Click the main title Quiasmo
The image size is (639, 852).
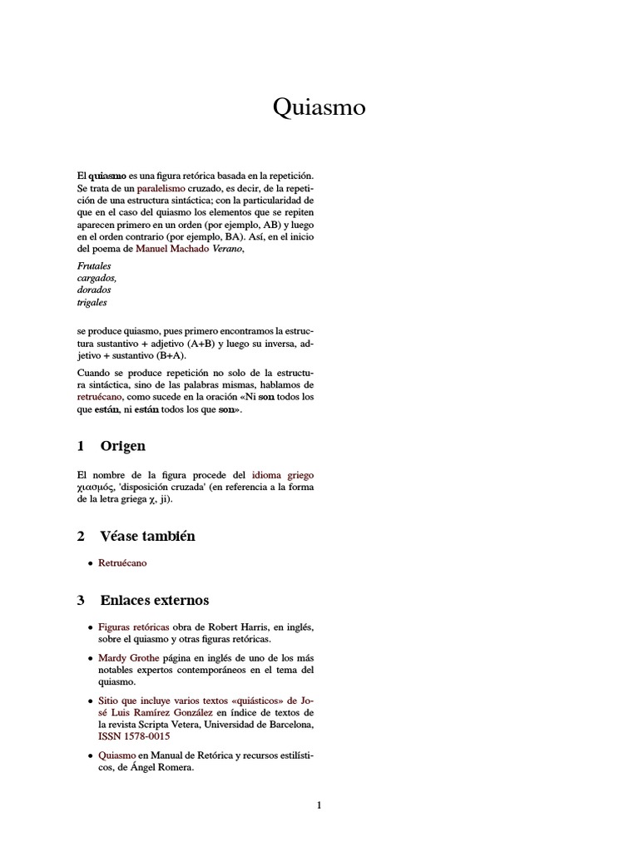click(319, 107)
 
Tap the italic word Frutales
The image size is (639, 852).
click(94, 266)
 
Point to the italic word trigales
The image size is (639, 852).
click(92, 303)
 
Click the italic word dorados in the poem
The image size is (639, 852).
click(93, 290)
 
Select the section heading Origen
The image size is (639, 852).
click(122, 446)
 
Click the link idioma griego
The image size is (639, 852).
click(283, 474)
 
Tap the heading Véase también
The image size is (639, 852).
click(147, 536)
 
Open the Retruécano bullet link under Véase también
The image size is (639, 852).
click(122, 563)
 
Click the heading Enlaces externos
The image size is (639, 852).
click(154, 600)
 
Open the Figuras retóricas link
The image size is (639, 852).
click(134, 627)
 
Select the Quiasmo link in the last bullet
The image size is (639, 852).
click(117, 755)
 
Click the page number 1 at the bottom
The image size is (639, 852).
click(319, 805)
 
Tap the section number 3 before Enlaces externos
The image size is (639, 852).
click(81, 600)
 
